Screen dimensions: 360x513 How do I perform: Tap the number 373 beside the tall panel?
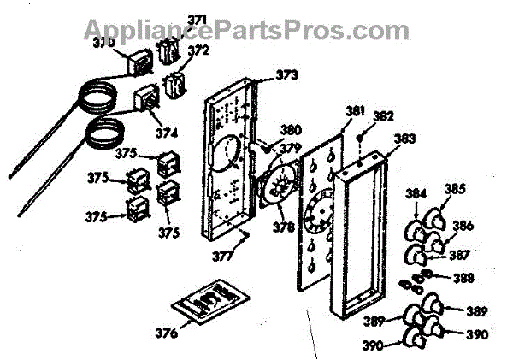(286, 76)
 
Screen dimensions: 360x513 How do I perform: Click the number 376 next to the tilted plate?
(169, 332)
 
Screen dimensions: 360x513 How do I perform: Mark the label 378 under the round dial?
(283, 228)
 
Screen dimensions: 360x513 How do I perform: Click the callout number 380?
(291, 131)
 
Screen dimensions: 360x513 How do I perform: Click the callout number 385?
(455, 189)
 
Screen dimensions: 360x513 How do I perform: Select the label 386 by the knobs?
(463, 226)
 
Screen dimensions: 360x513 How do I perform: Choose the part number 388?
(462, 277)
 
